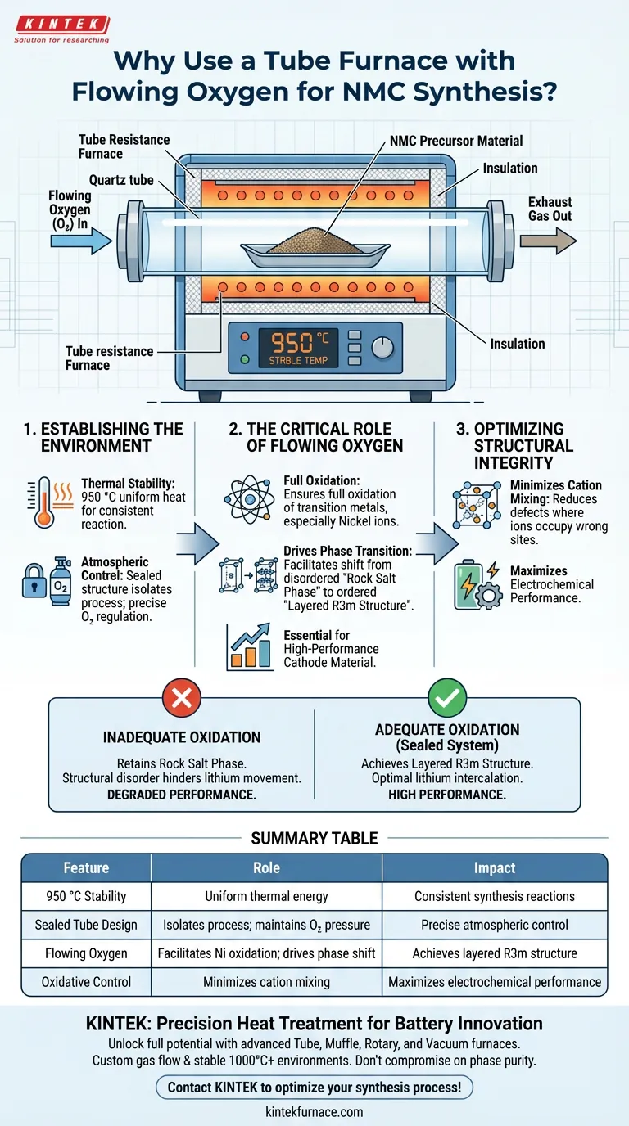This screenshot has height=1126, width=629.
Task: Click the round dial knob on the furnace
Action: coord(382,348)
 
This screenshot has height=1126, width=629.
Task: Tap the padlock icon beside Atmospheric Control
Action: coord(34,583)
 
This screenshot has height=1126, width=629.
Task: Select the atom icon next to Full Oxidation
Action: coord(245,498)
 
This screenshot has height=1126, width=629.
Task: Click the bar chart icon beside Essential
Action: coord(250,648)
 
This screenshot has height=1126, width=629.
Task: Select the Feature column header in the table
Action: coord(86,867)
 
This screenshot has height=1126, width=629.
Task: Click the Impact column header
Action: coord(494,867)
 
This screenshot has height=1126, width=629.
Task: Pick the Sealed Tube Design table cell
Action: coord(86,925)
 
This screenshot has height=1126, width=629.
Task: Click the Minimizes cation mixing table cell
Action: coord(266,981)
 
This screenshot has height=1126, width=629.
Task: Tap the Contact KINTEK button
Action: coord(314,1087)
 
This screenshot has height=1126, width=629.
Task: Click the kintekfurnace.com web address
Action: coord(314,1111)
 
